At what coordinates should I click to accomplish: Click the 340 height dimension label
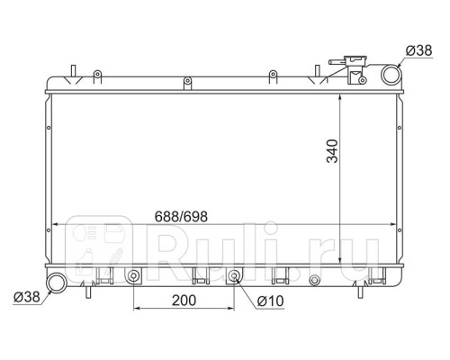332,151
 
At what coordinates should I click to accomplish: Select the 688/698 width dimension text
181,216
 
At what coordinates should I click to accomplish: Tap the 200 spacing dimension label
184,301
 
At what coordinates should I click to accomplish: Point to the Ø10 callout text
270,301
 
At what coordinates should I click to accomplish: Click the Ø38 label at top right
418,50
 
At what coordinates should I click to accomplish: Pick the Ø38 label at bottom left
27,297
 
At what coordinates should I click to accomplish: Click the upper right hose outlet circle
391,75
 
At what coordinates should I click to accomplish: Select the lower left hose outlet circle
56,283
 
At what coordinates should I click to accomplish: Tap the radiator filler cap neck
356,70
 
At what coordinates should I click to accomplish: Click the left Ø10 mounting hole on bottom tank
133,276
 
